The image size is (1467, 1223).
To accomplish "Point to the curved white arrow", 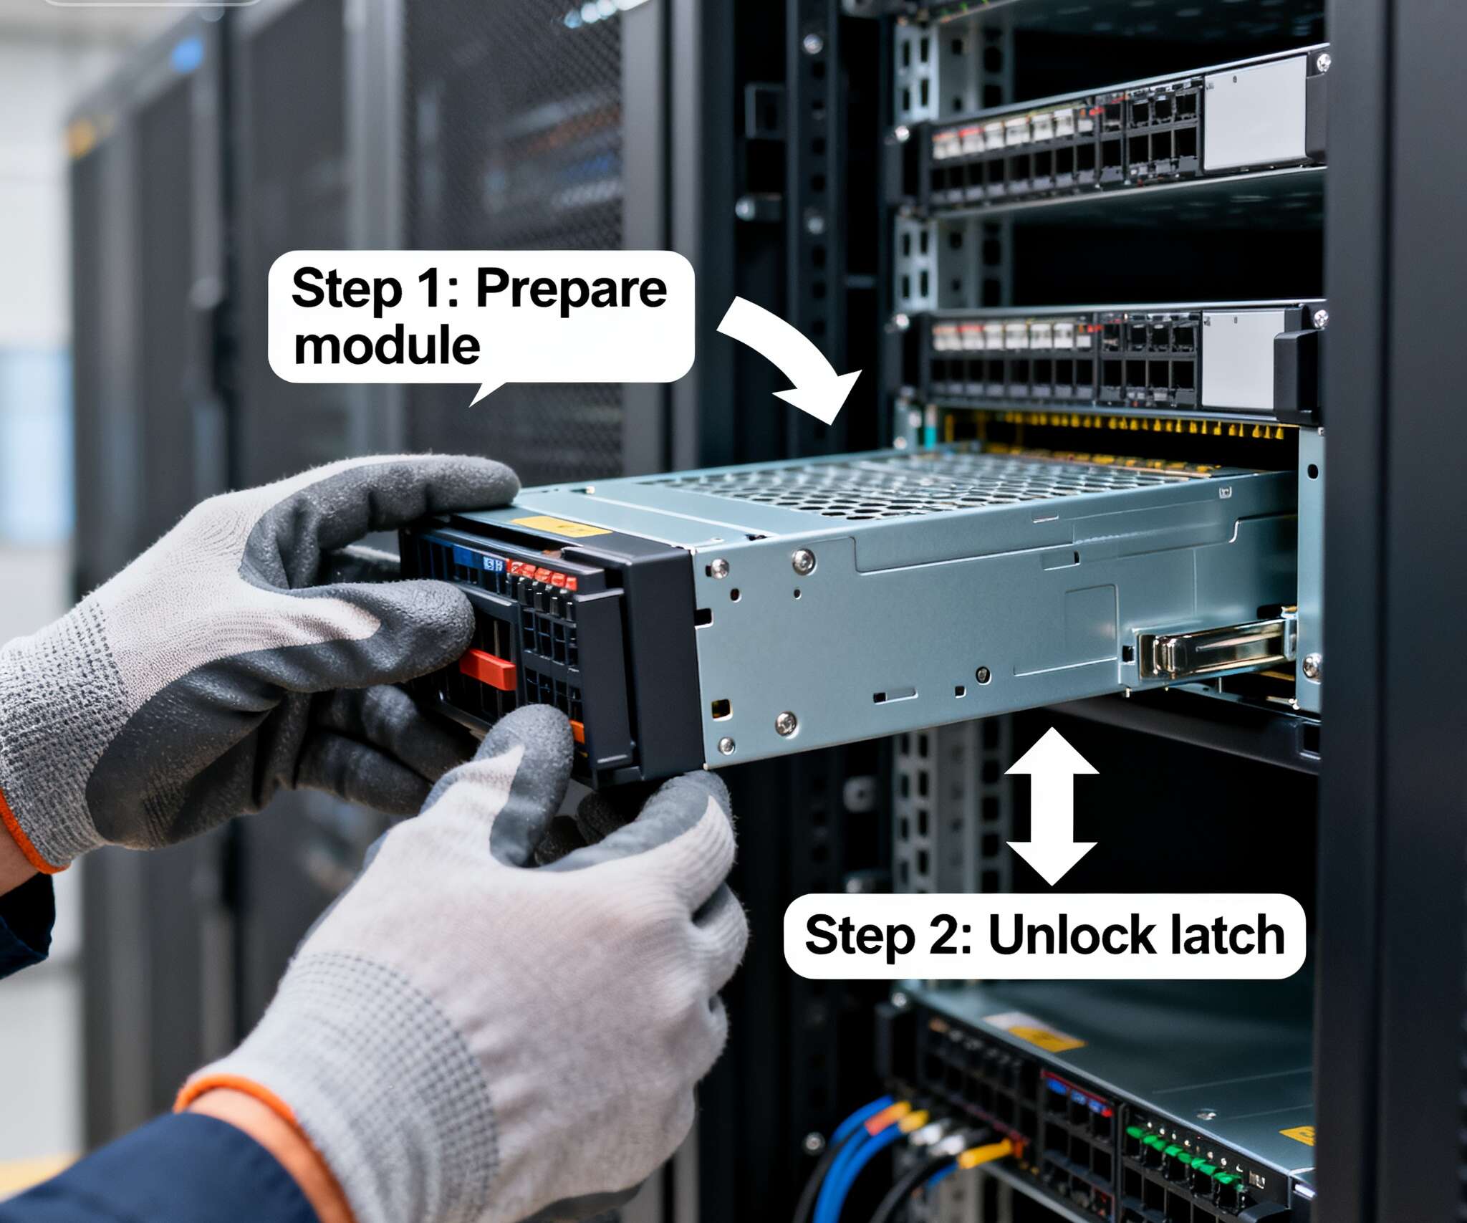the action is point(795,353).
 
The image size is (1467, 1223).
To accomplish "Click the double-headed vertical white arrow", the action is point(1052,807).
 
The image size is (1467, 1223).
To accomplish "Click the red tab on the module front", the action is point(487,668).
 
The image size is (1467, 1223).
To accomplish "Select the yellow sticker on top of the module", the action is point(565,527).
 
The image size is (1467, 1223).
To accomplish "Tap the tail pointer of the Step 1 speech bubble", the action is point(485,392).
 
